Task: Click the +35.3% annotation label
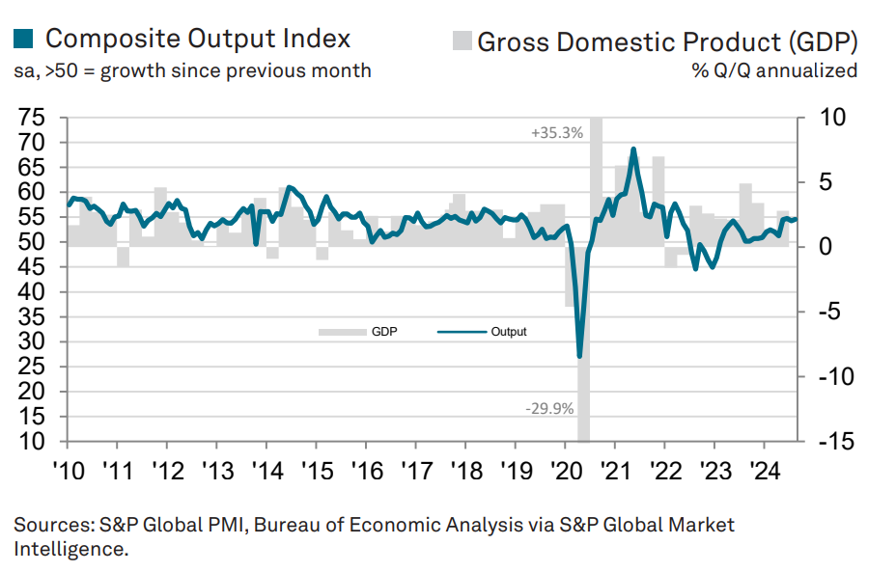point(556,133)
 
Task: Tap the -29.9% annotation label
point(549,409)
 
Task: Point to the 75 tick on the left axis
point(32,118)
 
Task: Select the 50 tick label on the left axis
point(32,242)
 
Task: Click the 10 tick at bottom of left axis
point(32,441)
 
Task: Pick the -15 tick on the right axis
point(836,441)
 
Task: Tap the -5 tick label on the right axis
point(829,312)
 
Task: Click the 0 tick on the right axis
point(826,247)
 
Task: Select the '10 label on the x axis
point(69,472)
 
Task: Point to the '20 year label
point(567,472)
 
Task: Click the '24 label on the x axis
point(765,472)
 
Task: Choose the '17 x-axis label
point(417,472)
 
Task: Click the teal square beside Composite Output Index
point(23,39)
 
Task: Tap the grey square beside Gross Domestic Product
point(462,41)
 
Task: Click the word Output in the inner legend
point(509,332)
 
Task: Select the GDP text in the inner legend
point(384,332)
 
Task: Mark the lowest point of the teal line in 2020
point(579,357)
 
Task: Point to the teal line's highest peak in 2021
point(633,149)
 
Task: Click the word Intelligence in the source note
point(70,549)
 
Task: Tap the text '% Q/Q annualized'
point(774,70)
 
